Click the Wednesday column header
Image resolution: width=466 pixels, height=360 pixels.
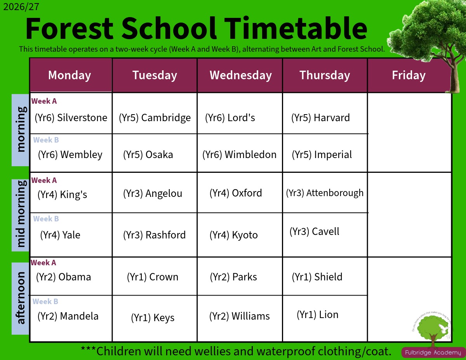tap(241, 75)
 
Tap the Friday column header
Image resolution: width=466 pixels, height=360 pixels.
tap(409, 75)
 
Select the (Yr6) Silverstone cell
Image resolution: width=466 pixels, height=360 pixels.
tap(71, 118)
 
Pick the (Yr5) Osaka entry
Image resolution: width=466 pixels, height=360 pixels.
tap(148, 155)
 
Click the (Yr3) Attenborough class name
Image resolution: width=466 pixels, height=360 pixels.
tap(325, 193)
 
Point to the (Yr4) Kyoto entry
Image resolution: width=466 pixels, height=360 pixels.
tap(233, 235)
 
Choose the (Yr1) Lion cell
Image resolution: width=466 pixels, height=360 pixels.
tap(318, 315)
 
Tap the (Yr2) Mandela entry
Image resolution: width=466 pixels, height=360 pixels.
tap(68, 316)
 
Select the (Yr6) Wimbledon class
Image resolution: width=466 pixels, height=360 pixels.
tap(239, 155)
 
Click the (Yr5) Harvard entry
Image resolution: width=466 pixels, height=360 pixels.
tap(320, 118)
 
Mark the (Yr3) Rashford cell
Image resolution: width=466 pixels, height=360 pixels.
tap(155, 235)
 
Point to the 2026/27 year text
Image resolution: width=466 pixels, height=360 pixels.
tap(21, 7)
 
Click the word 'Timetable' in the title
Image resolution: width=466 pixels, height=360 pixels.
tap(296, 28)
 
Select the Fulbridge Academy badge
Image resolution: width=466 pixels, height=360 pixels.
tap(433, 353)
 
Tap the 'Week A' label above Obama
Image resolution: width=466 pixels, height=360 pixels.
tap(43, 263)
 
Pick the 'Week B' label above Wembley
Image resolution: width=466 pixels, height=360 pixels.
tap(46, 140)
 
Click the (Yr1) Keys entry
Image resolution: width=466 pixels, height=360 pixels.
tap(153, 318)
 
